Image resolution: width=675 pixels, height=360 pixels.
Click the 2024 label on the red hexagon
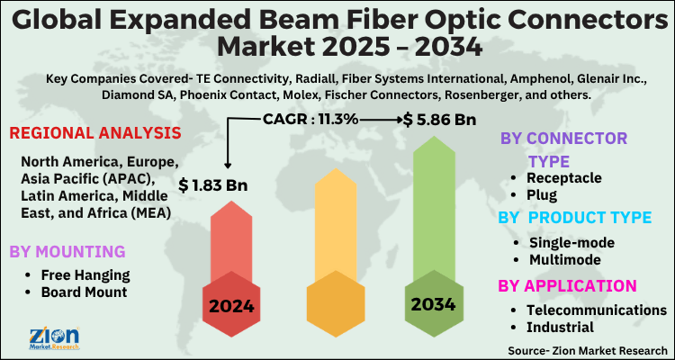[x=231, y=306]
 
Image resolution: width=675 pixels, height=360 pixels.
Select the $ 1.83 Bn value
[x=213, y=185]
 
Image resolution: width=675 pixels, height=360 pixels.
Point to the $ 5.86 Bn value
[x=440, y=118]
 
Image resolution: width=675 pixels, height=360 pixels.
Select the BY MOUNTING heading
[x=67, y=251]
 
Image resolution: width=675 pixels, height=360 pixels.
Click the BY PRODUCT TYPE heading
[x=573, y=218]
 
